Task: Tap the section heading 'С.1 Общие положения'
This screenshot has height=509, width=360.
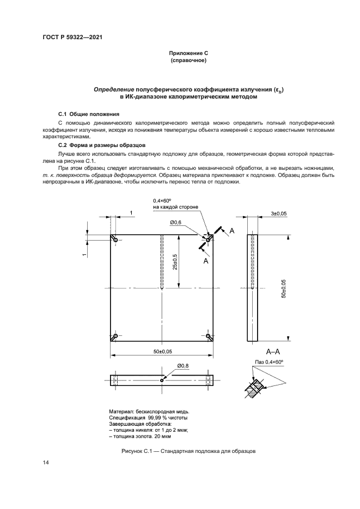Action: [88, 115]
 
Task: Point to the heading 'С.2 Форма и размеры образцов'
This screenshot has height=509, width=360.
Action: [101, 146]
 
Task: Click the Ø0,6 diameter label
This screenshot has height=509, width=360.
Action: [175, 222]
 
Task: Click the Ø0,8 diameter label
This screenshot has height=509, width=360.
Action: [183, 366]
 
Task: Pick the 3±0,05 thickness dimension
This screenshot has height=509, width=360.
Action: [274, 214]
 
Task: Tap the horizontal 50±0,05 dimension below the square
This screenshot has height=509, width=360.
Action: [162, 352]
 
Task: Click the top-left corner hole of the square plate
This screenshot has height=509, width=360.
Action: [115, 239]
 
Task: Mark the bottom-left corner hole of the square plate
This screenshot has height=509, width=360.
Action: [115, 336]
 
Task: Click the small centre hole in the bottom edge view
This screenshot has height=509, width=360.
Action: [162, 380]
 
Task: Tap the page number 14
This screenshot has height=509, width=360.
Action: [46, 463]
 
